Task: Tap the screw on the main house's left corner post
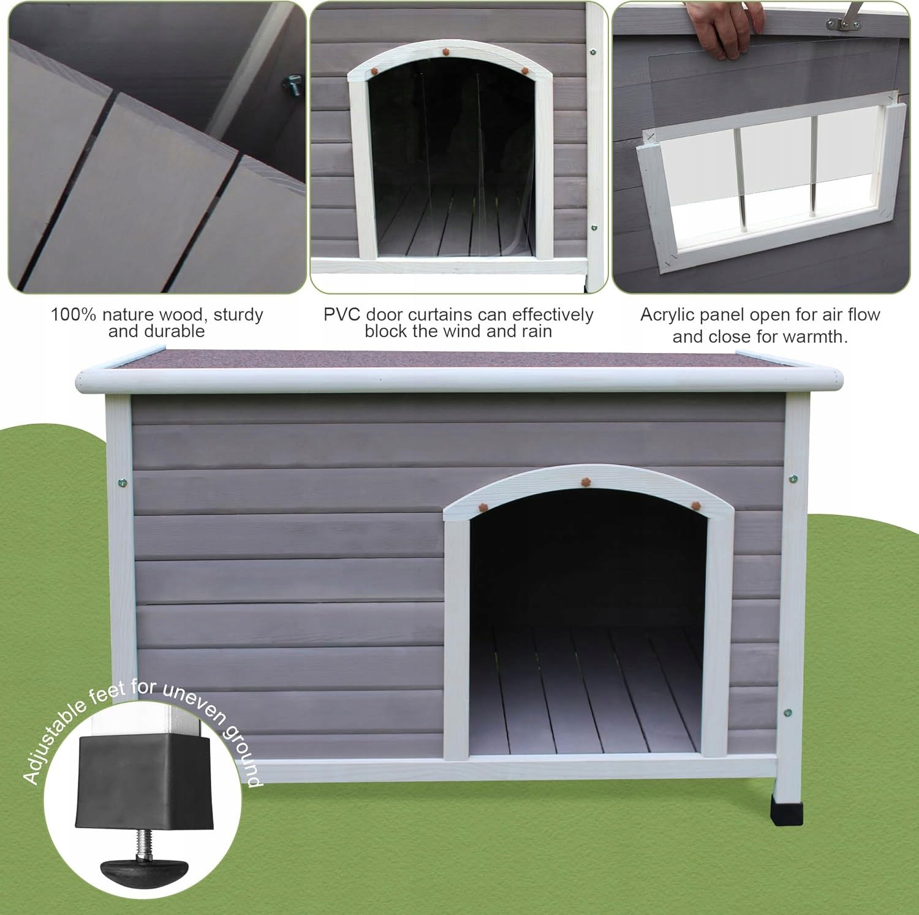click(x=122, y=482)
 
